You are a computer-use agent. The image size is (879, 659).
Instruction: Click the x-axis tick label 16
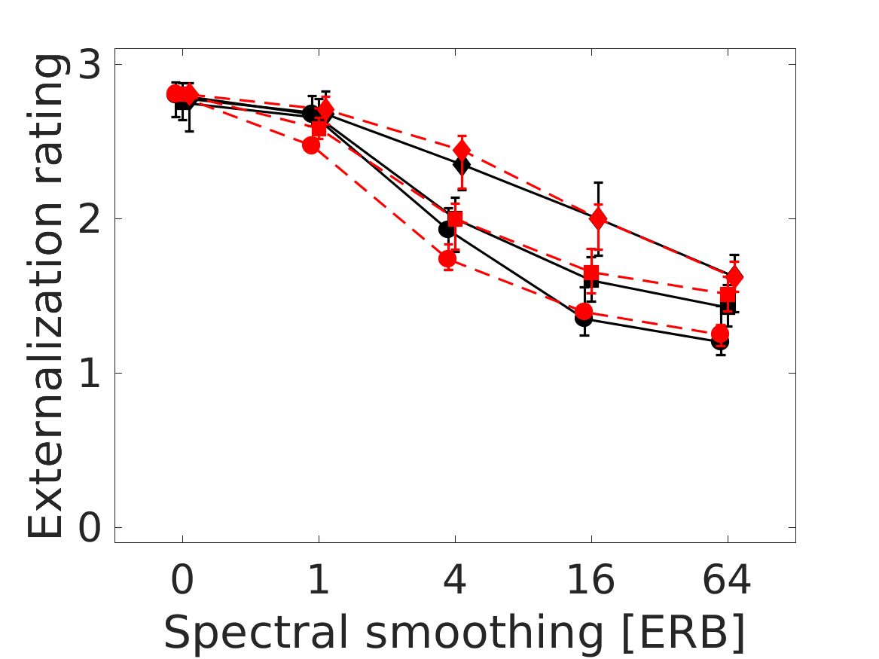click(x=591, y=581)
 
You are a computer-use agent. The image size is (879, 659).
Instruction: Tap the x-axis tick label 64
click(x=727, y=581)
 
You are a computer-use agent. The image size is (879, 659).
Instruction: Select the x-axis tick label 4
click(x=455, y=581)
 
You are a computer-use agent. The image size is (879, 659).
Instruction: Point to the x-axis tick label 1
click(x=319, y=581)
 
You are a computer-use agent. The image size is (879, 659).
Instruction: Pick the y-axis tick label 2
click(x=89, y=220)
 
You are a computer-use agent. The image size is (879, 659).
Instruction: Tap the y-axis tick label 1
click(x=89, y=374)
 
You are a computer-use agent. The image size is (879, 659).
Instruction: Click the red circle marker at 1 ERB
click(x=312, y=145)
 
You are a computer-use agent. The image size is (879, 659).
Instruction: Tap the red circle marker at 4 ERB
click(x=447, y=259)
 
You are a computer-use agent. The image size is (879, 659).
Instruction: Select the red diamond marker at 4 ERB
click(x=462, y=151)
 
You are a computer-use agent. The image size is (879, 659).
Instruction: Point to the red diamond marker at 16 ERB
click(x=598, y=219)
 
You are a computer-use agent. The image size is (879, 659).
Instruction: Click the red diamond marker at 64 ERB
click(x=734, y=276)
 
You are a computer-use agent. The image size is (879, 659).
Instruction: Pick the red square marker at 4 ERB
click(x=455, y=219)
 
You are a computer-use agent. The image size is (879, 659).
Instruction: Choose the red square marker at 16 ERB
click(x=591, y=273)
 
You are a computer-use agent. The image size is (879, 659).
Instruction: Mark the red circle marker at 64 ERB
click(x=720, y=333)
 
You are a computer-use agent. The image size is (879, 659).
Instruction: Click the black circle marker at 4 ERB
click(x=447, y=229)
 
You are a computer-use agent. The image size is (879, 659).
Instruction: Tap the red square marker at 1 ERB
click(x=319, y=128)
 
